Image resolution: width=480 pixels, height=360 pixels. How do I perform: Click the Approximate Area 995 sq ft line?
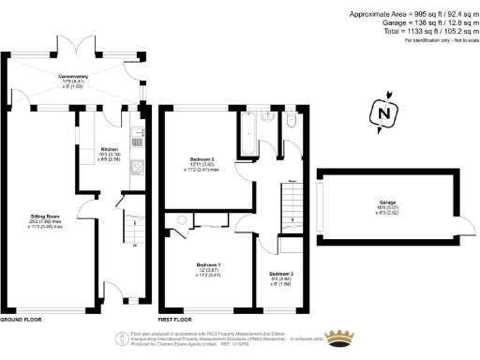click(412, 13)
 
